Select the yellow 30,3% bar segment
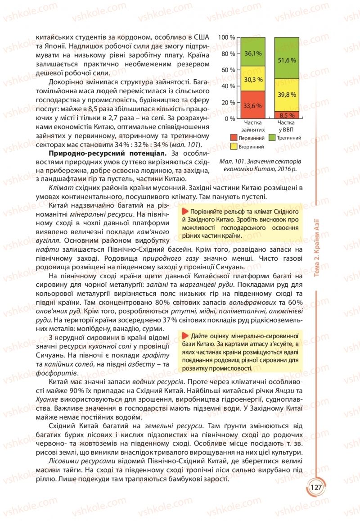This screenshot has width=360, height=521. (x=253, y=79)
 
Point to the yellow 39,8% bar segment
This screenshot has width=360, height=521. (x=287, y=95)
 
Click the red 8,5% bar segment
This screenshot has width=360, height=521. (x=287, y=115)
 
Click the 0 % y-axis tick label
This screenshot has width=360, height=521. (x=230, y=118)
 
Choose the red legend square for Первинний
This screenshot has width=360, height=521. (x=234, y=138)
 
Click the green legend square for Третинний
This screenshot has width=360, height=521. (x=272, y=138)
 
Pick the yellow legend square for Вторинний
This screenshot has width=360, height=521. (x=234, y=147)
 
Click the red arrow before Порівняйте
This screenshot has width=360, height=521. (x=185, y=212)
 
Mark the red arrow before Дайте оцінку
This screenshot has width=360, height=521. (x=185, y=336)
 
